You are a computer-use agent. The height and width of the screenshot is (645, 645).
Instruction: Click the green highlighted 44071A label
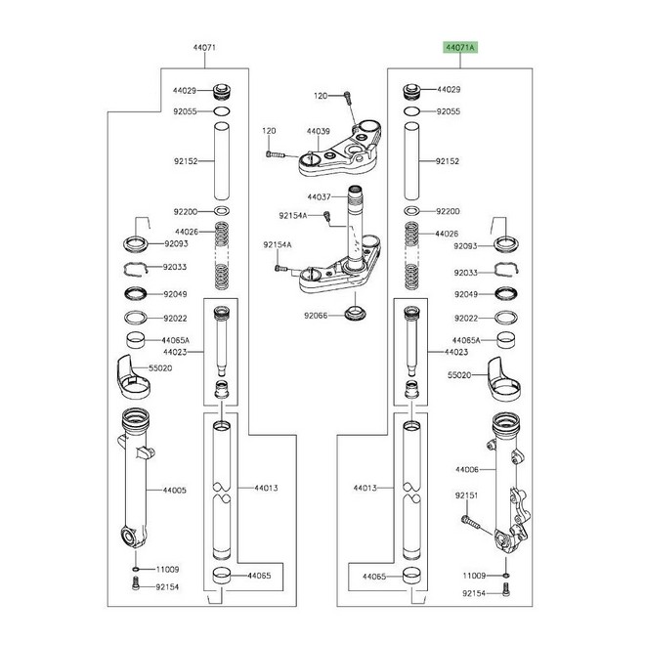click(459, 46)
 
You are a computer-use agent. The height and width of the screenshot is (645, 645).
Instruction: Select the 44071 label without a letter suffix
click(202, 46)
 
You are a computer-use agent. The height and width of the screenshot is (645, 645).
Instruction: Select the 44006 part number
click(467, 470)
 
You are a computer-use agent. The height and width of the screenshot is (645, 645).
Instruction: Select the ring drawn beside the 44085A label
click(505, 341)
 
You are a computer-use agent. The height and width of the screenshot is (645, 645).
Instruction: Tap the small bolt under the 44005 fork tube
click(134, 585)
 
